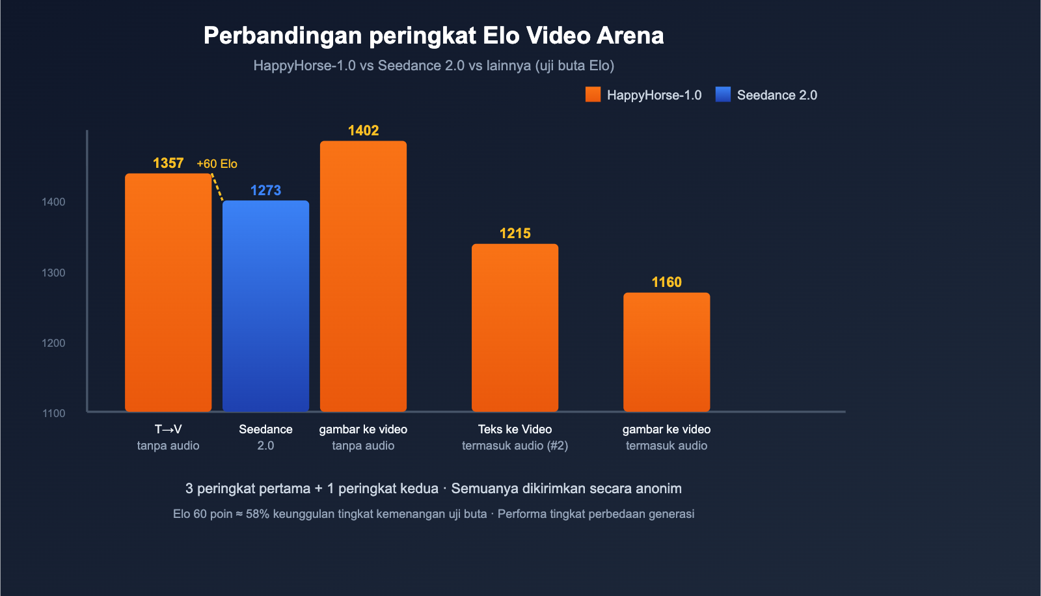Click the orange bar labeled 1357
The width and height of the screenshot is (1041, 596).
[168, 293]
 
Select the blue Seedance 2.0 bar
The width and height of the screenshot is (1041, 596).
[265, 306]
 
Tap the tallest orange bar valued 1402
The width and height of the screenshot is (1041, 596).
[363, 277]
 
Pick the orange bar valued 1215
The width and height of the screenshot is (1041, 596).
[515, 328]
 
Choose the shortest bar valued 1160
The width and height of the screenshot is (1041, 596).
[666, 352]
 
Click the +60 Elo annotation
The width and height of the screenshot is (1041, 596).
[217, 164]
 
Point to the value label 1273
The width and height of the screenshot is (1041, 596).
[265, 191]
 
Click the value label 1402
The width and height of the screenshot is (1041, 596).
[363, 131]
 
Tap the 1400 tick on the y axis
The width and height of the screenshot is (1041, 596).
[53, 202]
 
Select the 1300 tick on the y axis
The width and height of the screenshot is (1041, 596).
[53, 273]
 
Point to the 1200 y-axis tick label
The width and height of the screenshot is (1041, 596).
[53, 344]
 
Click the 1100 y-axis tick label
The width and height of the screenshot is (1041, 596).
[53, 414]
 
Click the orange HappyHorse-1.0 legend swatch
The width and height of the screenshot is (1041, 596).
[593, 95]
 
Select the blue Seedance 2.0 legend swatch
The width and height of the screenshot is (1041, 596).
[723, 95]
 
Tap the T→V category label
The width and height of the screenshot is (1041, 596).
[168, 429]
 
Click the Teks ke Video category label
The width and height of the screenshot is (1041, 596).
[515, 429]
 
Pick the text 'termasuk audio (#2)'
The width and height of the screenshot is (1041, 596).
[515, 446]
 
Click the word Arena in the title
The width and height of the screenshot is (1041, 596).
[630, 36]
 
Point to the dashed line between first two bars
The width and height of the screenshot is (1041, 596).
[217, 187]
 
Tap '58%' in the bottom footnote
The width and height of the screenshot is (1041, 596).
[258, 514]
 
